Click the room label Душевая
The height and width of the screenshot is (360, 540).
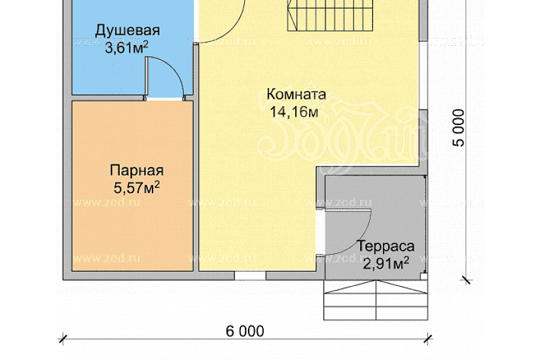click(128, 31)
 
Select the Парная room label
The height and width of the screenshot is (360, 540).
click(137, 171)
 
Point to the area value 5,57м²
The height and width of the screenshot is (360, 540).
click(137, 189)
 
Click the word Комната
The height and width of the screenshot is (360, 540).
click(297, 95)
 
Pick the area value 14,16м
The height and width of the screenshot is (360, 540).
click(294, 112)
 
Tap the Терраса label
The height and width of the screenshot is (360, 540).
click(386, 247)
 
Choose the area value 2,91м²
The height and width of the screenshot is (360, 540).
click(386, 263)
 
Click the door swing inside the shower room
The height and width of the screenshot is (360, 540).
click(168, 75)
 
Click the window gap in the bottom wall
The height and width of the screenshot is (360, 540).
click(250, 276)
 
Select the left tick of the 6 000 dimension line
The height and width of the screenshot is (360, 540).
click(63, 338)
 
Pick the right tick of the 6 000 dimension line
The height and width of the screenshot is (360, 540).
click(429, 338)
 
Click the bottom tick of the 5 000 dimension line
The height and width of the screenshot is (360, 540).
click(466, 280)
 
